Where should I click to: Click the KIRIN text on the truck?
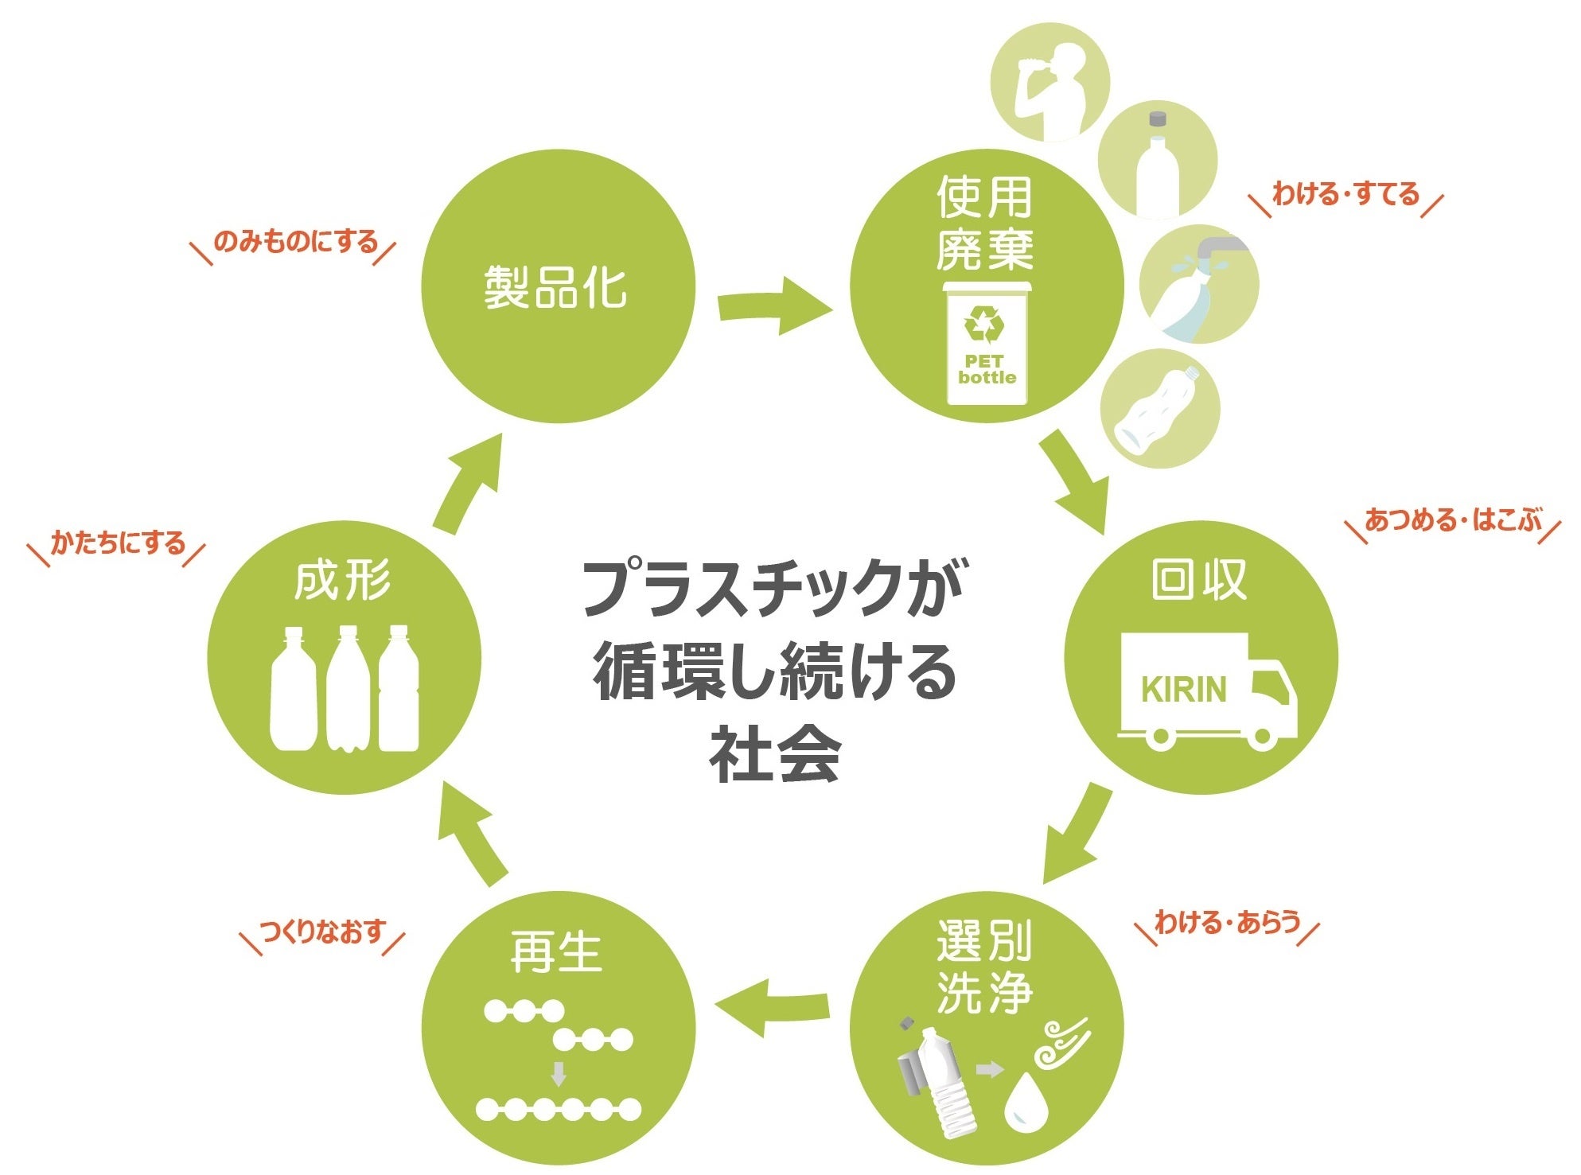click(x=1183, y=690)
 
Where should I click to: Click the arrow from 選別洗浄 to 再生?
click(x=772, y=1007)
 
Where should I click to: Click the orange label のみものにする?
click(x=295, y=241)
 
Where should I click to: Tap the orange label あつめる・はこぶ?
click(x=1453, y=520)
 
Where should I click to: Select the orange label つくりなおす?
click(x=323, y=931)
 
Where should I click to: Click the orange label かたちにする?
click(x=118, y=543)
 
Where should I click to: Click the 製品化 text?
click(x=555, y=287)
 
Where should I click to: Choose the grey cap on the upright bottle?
click(x=1157, y=119)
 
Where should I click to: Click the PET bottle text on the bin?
click(x=987, y=370)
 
